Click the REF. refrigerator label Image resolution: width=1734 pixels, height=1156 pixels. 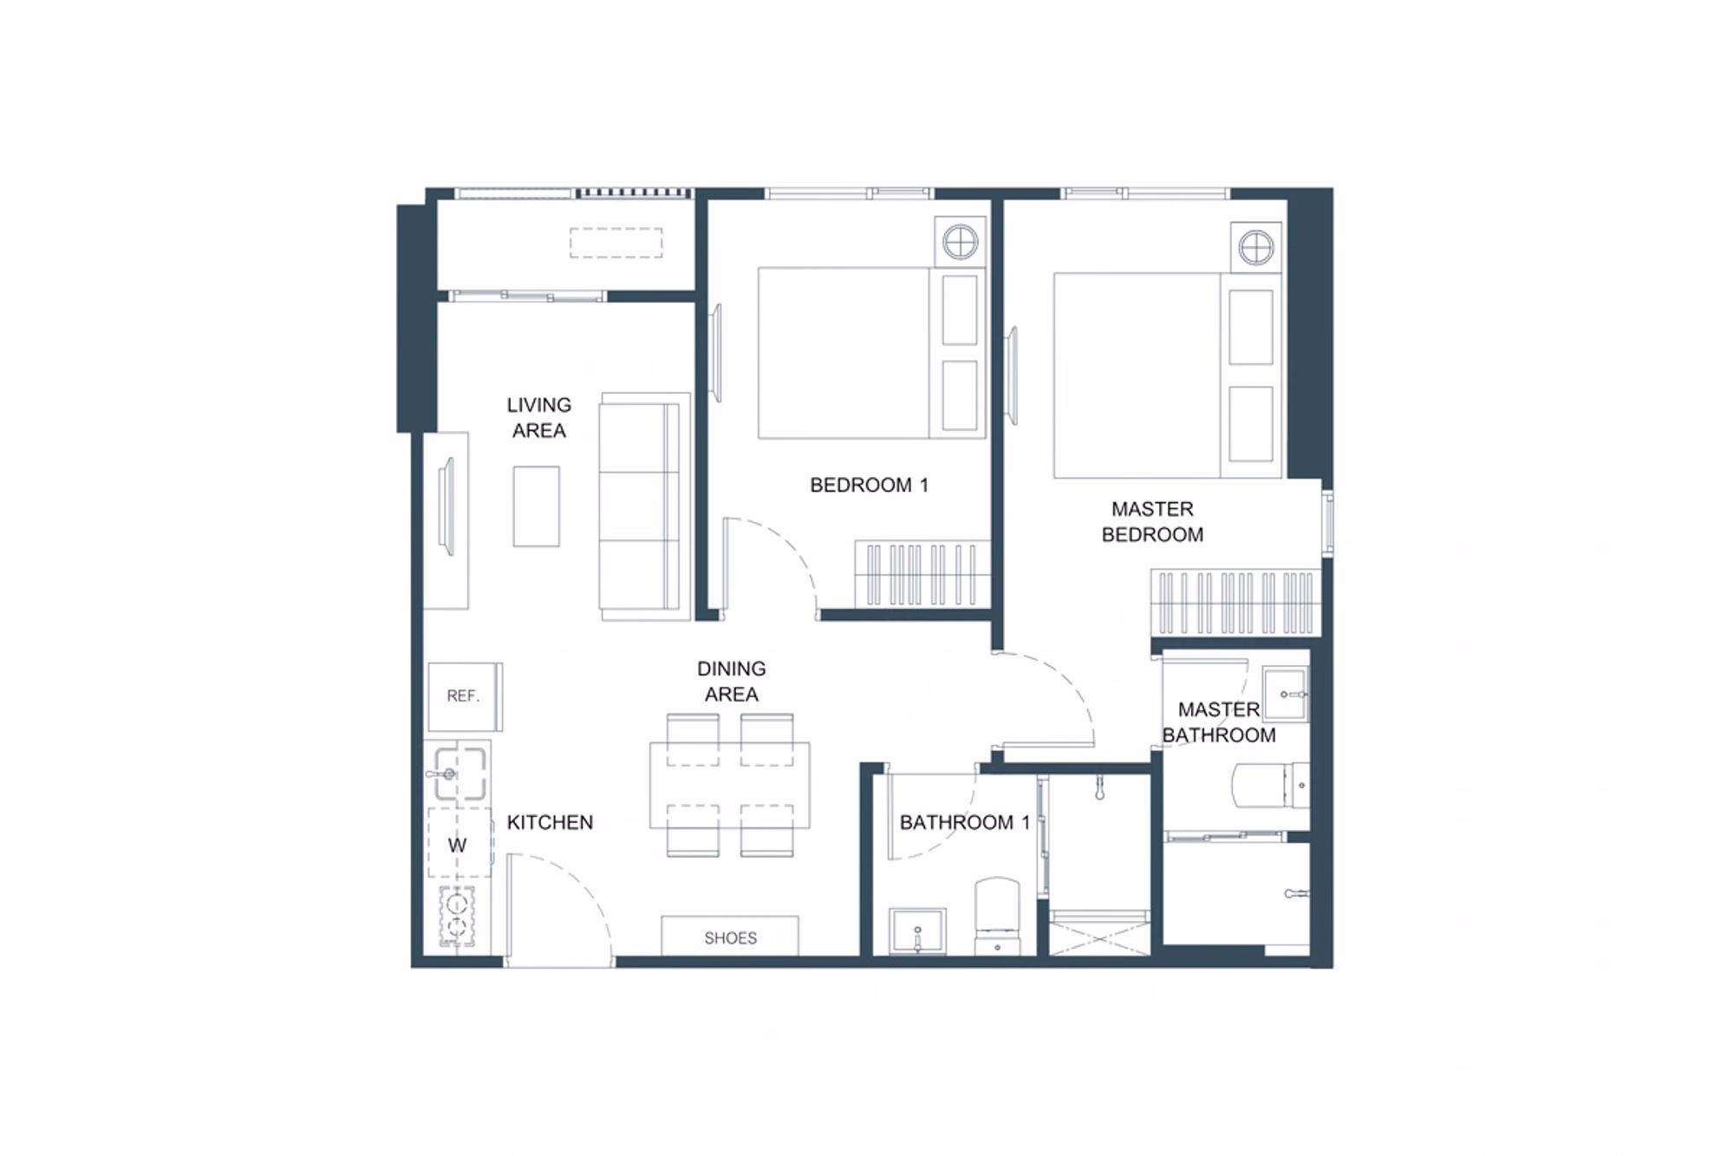463,696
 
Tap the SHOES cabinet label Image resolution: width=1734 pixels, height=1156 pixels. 730,937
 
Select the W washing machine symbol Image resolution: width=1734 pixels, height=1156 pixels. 457,846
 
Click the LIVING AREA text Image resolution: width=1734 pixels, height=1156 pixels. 538,418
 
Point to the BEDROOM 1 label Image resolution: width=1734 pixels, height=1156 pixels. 869,486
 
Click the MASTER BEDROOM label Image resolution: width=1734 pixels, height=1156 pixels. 1152,522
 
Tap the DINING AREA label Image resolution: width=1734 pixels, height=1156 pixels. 731,682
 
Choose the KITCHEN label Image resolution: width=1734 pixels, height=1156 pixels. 550,822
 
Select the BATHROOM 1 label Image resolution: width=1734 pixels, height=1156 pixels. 964,822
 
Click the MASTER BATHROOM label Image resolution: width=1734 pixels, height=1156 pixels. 1218,722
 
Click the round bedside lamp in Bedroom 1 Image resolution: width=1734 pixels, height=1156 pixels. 961,242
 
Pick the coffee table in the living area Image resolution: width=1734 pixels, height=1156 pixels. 536,506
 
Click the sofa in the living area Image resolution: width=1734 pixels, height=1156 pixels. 644,506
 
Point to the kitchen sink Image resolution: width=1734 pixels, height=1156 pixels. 458,773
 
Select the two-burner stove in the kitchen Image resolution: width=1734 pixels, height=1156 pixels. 458,917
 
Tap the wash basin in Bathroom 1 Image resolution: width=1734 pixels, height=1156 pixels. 917,931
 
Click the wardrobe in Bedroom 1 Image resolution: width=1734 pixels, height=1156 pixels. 922,574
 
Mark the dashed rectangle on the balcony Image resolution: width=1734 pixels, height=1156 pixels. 616,243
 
